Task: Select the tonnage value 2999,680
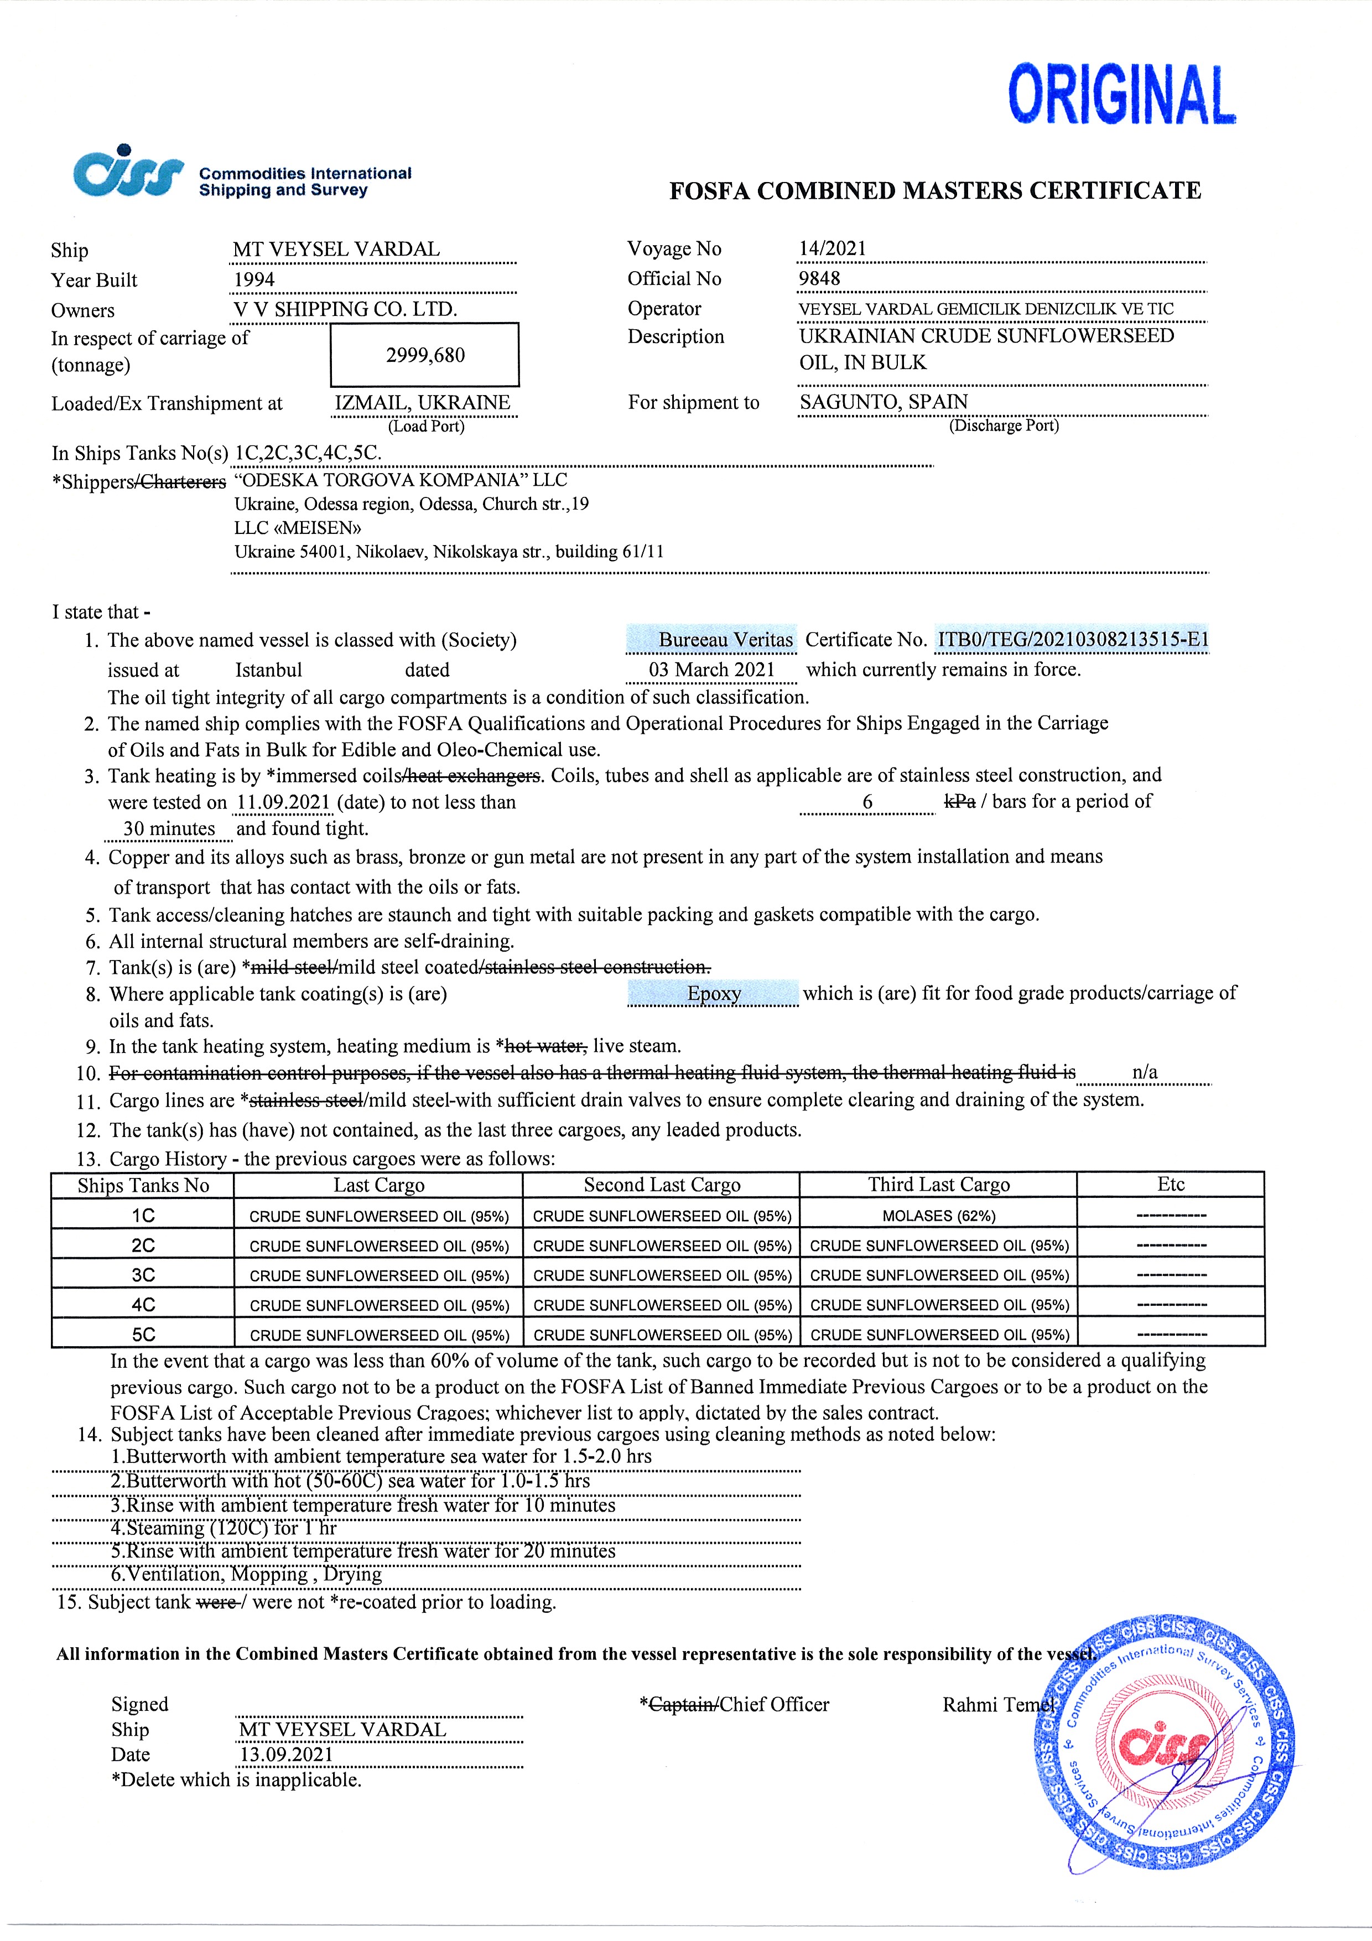coord(425,355)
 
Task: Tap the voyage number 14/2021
coord(832,248)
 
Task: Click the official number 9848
coord(819,278)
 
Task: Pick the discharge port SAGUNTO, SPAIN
coord(884,402)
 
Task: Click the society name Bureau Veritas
coord(725,640)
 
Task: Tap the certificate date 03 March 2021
coord(712,670)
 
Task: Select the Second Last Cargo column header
coord(662,1185)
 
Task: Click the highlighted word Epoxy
coord(714,993)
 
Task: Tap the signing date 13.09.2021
coord(287,1754)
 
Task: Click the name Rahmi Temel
coord(997,1704)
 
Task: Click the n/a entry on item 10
coord(1145,1072)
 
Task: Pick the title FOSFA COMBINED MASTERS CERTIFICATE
coord(935,191)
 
